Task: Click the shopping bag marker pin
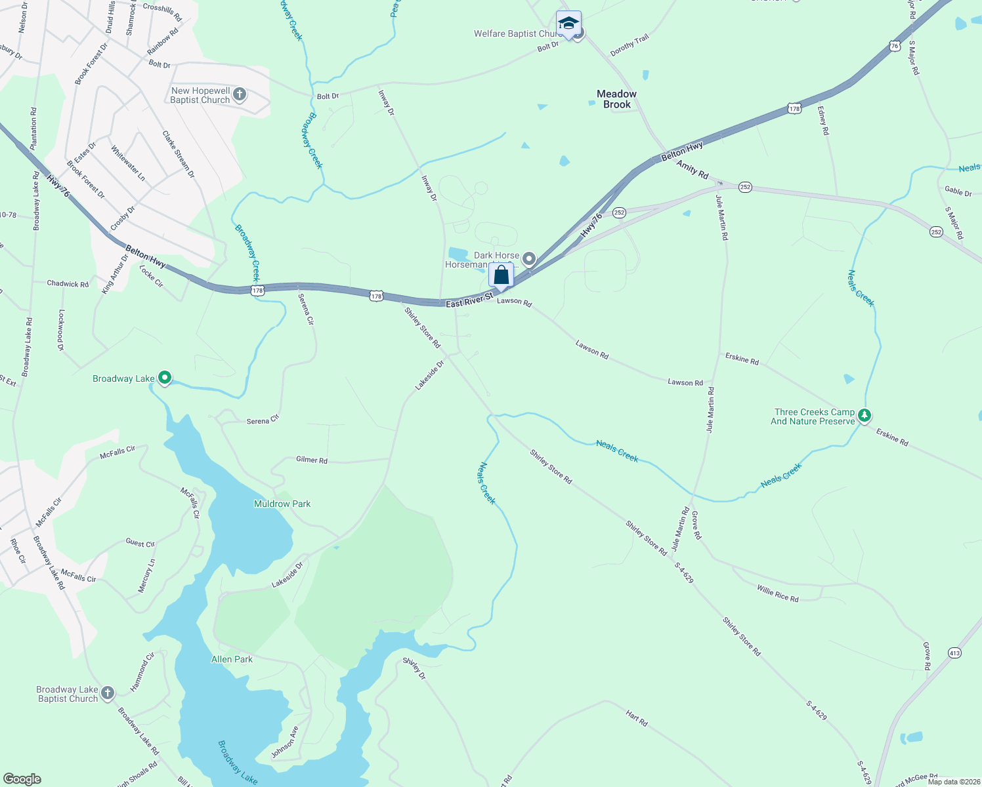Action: point(501,276)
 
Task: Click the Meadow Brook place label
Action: point(616,99)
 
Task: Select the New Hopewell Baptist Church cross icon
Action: point(240,94)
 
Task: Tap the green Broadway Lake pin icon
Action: point(165,377)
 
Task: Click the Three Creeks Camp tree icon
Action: point(865,415)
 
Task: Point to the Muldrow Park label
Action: point(282,504)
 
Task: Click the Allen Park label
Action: point(232,659)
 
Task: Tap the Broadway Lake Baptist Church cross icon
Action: point(108,693)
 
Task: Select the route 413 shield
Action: point(954,653)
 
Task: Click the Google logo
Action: point(22,779)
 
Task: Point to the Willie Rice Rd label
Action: point(777,594)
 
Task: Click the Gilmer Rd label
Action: point(312,460)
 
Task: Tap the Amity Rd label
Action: point(693,170)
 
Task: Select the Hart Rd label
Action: point(637,719)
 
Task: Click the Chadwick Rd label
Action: point(68,284)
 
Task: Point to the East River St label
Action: point(469,301)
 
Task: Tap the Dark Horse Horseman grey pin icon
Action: point(529,259)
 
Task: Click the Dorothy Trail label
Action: point(630,45)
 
